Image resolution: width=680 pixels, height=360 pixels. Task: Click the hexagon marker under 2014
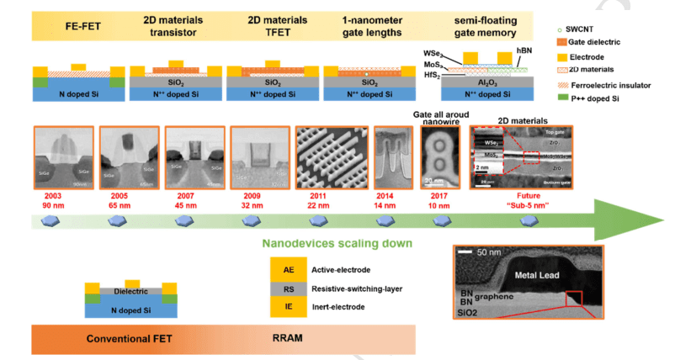coord(383,221)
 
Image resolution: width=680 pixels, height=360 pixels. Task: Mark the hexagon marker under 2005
coord(114,221)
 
